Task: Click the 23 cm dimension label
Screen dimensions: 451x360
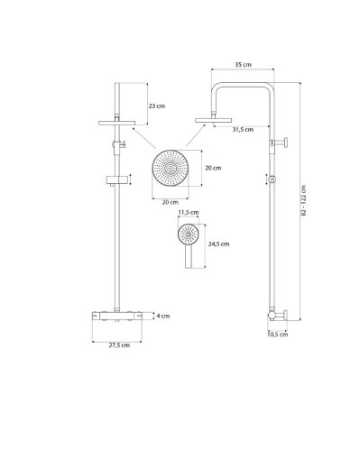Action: [158, 106]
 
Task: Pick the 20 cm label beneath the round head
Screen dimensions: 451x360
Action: [169, 202]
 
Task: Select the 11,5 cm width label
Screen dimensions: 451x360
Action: [188, 213]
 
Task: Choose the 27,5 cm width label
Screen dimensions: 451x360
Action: [118, 345]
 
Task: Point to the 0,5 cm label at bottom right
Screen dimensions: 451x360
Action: [279, 336]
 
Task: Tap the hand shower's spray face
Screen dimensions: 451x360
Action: [187, 235]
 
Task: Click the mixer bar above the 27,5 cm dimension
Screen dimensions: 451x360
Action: [116, 316]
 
